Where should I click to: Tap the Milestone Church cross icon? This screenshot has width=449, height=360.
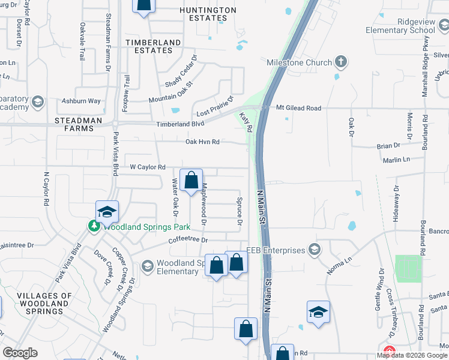(341, 61)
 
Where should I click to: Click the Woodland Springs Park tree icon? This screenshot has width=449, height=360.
(94, 227)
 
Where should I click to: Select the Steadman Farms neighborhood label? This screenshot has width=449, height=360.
(79, 124)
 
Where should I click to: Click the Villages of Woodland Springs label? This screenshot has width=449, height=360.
(44, 304)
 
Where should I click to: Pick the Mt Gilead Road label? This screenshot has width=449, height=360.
(298, 108)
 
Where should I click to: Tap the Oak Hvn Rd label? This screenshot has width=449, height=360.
(203, 142)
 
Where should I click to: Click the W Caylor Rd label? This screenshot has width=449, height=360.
(148, 167)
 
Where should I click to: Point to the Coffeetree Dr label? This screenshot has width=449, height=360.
(187, 240)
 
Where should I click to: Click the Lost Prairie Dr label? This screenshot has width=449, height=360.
(215, 109)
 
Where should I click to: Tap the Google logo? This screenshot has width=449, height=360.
(20, 353)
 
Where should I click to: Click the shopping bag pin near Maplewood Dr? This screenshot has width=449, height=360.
(191, 180)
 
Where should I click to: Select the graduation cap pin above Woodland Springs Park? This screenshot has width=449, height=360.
(107, 212)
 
